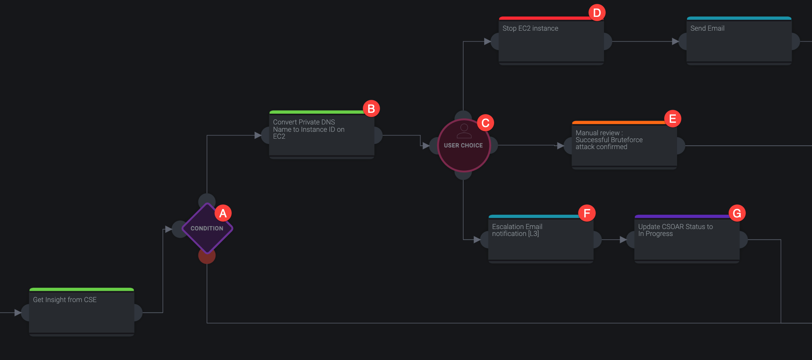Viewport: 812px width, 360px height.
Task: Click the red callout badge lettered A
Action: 223,213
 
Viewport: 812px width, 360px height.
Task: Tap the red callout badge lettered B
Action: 371,108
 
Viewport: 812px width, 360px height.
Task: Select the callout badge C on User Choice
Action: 485,123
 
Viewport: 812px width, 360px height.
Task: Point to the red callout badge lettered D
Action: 597,13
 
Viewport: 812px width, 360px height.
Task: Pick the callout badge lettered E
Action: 672,118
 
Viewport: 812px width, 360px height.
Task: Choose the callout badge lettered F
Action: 587,213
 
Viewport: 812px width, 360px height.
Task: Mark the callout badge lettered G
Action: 737,213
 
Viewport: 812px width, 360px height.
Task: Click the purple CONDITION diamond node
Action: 207,228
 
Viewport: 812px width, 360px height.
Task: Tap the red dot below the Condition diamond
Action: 207,256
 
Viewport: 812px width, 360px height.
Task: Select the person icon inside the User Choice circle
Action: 464,131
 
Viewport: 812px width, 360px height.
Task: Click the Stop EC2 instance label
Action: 530,29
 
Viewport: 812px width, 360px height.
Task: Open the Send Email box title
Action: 707,29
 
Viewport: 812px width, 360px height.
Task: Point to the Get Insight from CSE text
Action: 65,300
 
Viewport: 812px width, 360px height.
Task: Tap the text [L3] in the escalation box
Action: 534,234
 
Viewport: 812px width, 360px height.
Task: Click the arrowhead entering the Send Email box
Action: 675,41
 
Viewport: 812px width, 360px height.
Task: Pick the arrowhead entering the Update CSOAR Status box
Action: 623,239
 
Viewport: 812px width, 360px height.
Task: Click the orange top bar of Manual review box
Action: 618,123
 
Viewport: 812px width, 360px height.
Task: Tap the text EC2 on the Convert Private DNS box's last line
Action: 279,137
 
